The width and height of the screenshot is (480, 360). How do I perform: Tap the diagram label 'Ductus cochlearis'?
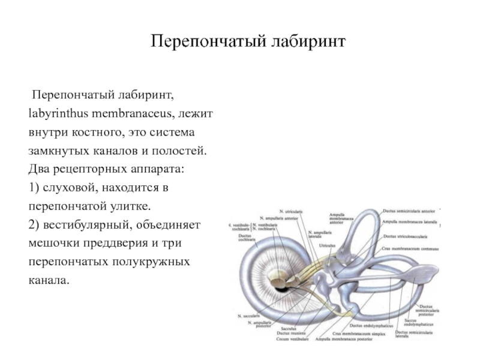(x=246, y=238)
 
